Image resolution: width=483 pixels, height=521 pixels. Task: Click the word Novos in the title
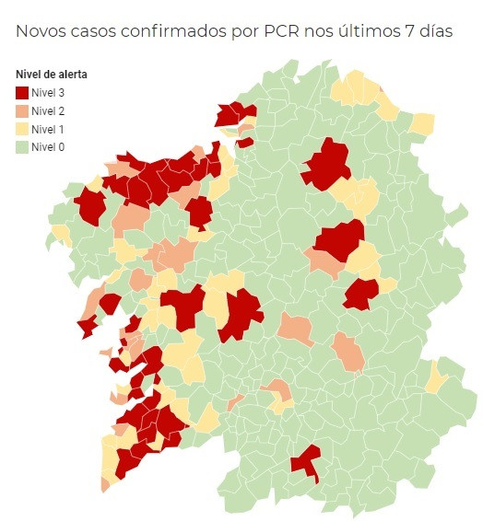click(x=42, y=32)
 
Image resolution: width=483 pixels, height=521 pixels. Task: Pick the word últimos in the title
click(x=372, y=32)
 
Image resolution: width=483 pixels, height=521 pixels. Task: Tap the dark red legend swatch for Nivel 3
click(x=22, y=92)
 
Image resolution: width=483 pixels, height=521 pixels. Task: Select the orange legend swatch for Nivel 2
click(x=22, y=110)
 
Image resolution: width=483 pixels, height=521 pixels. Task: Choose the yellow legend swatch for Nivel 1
click(x=22, y=128)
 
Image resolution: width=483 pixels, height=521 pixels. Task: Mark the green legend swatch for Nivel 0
click(x=22, y=146)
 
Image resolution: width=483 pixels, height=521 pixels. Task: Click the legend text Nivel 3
click(x=48, y=92)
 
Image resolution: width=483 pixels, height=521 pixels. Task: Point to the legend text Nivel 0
click(x=48, y=146)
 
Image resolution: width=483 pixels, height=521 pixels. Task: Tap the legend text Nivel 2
click(x=48, y=110)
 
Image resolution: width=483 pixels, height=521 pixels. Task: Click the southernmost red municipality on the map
click(x=306, y=462)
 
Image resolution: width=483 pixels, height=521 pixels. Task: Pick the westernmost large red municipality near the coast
click(x=91, y=206)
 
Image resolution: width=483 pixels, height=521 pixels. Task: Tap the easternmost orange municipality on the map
click(x=348, y=353)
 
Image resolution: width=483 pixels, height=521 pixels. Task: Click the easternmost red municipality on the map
click(x=359, y=294)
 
